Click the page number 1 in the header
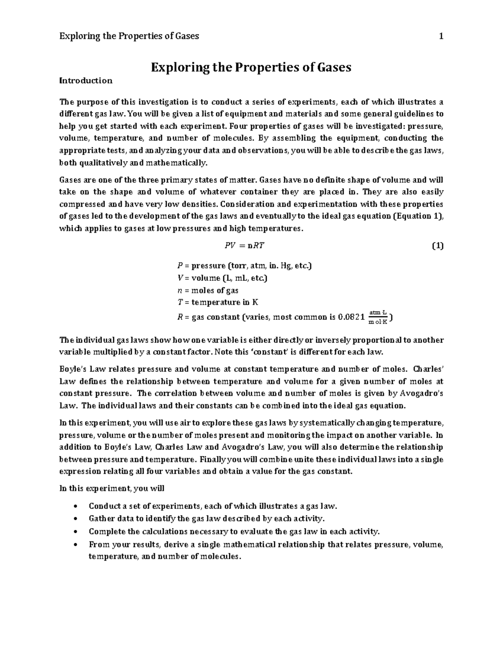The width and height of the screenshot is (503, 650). [x=441, y=36]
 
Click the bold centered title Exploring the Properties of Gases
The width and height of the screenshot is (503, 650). [x=251, y=67]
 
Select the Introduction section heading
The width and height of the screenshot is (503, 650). [x=86, y=80]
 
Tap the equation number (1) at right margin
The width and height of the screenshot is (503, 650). [x=437, y=246]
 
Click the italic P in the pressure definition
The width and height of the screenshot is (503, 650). [x=175, y=266]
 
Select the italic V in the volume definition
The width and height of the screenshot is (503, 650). [x=175, y=278]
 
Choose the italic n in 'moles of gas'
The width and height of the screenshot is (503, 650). [x=175, y=290]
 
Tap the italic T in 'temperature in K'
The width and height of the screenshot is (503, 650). [x=175, y=302]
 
